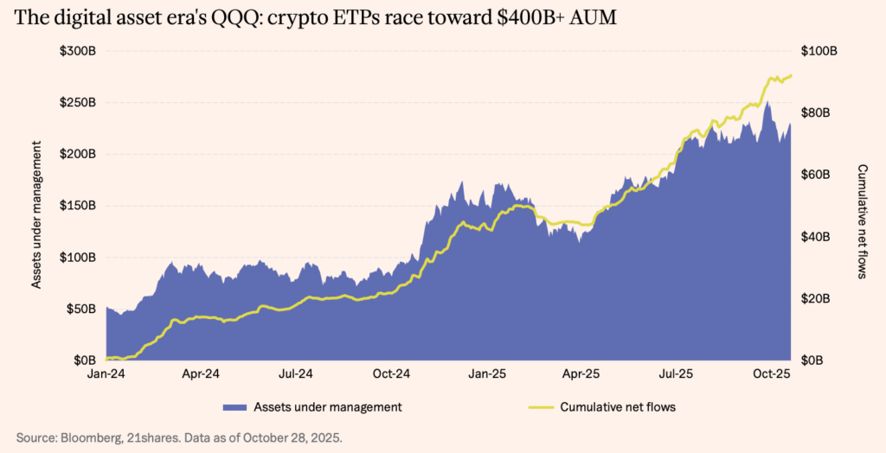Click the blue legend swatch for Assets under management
coord(233,406)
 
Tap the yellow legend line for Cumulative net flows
coord(541,406)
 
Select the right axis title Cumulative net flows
coord(863,221)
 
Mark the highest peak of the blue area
coord(767,102)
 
